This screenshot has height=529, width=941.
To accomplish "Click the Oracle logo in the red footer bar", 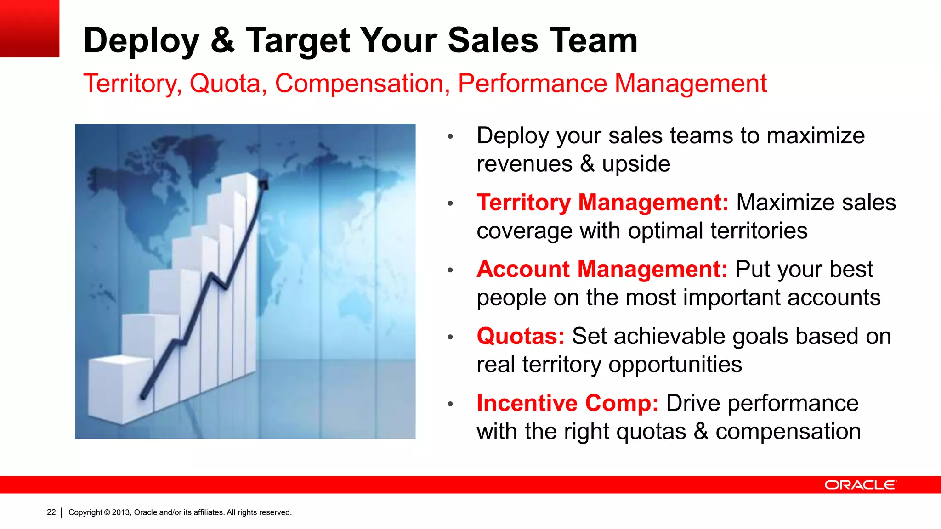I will tap(860, 485).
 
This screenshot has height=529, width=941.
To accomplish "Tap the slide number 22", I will tap(51, 512).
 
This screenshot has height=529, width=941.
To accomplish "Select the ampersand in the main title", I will tap(223, 40).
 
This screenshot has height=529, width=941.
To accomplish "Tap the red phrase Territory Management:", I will tap(602, 203).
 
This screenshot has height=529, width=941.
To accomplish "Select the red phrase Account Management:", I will tap(602, 269).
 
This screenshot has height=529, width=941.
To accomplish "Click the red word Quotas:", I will tap(520, 336).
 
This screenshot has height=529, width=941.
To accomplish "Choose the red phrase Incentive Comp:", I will tap(567, 403).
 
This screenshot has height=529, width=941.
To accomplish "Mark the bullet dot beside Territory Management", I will tap(450, 203).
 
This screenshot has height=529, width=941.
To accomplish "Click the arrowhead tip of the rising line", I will tap(264, 185).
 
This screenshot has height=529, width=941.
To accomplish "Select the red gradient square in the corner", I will tap(29, 28).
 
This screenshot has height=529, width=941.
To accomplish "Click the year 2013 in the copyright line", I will tap(121, 512).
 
